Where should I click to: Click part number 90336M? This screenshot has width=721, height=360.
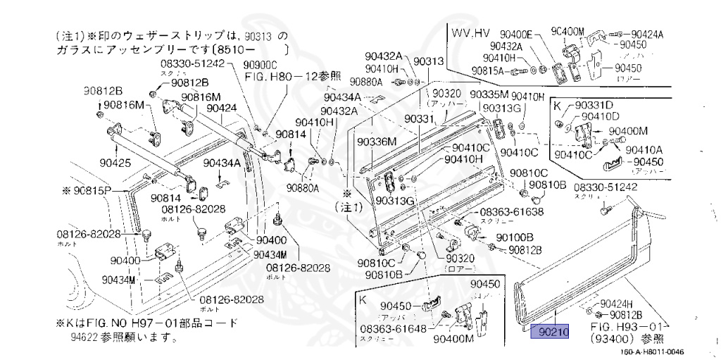[377, 142]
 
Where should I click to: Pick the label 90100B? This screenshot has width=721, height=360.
[515, 237]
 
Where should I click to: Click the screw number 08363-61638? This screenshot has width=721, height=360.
[512, 212]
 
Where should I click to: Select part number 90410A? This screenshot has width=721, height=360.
[645, 149]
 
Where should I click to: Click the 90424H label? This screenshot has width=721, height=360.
[620, 304]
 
